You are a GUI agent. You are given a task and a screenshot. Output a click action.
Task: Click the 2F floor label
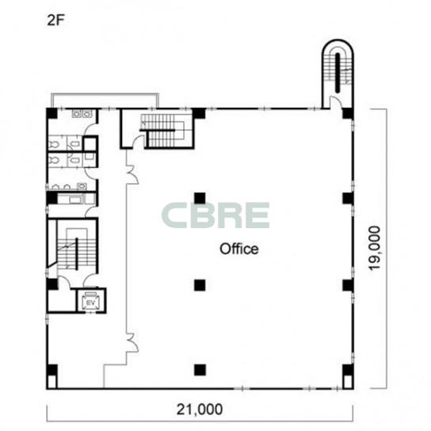[55, 21]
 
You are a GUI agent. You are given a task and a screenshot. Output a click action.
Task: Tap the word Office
[238, 249]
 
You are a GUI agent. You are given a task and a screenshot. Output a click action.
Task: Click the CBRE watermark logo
[215, 215]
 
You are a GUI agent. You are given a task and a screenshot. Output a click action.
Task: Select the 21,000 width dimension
[200, 410]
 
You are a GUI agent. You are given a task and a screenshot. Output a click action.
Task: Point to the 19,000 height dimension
[375, 248]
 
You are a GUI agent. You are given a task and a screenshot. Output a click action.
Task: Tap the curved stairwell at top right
[338, 73]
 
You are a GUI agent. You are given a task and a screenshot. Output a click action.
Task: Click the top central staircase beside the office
[162, 131]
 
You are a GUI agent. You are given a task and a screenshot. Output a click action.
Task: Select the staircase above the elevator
[73, 249]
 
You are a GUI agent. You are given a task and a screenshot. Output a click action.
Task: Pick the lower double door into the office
[132, 342]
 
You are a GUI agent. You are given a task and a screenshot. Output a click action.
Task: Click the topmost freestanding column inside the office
[200, 198]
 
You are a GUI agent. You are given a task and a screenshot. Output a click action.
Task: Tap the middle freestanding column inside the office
[200, 285]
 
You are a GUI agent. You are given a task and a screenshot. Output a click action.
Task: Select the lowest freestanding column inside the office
[200, 370]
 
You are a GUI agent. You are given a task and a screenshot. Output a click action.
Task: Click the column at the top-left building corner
[51, 113]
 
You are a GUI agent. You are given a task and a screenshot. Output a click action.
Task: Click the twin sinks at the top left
[82, 113]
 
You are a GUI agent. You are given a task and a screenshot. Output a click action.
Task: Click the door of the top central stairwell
[139, 141]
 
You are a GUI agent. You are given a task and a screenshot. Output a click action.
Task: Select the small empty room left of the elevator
[62, 300]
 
